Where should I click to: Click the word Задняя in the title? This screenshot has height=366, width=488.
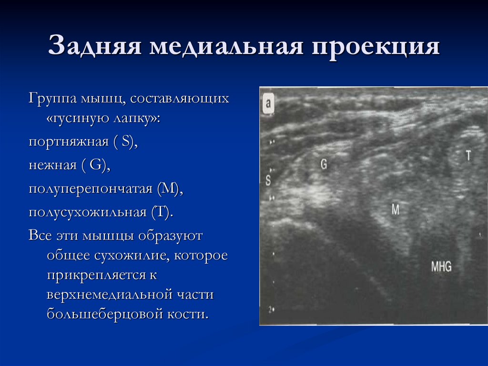click(x=95, y=48)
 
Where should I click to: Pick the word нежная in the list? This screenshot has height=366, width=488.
click(x=52, y=165)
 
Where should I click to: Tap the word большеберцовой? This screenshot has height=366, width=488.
click(x=105, y=314)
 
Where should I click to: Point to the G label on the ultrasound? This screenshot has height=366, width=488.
click(x=324, y=165)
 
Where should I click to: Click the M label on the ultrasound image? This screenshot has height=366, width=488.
click(x=395, y=209)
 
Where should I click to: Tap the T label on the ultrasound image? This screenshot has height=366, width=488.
click(x=468, y=156)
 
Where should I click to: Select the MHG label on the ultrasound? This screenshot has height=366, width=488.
click(x=441, y=266)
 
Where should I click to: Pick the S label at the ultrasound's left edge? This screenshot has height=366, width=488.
click(x=268, y=180)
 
